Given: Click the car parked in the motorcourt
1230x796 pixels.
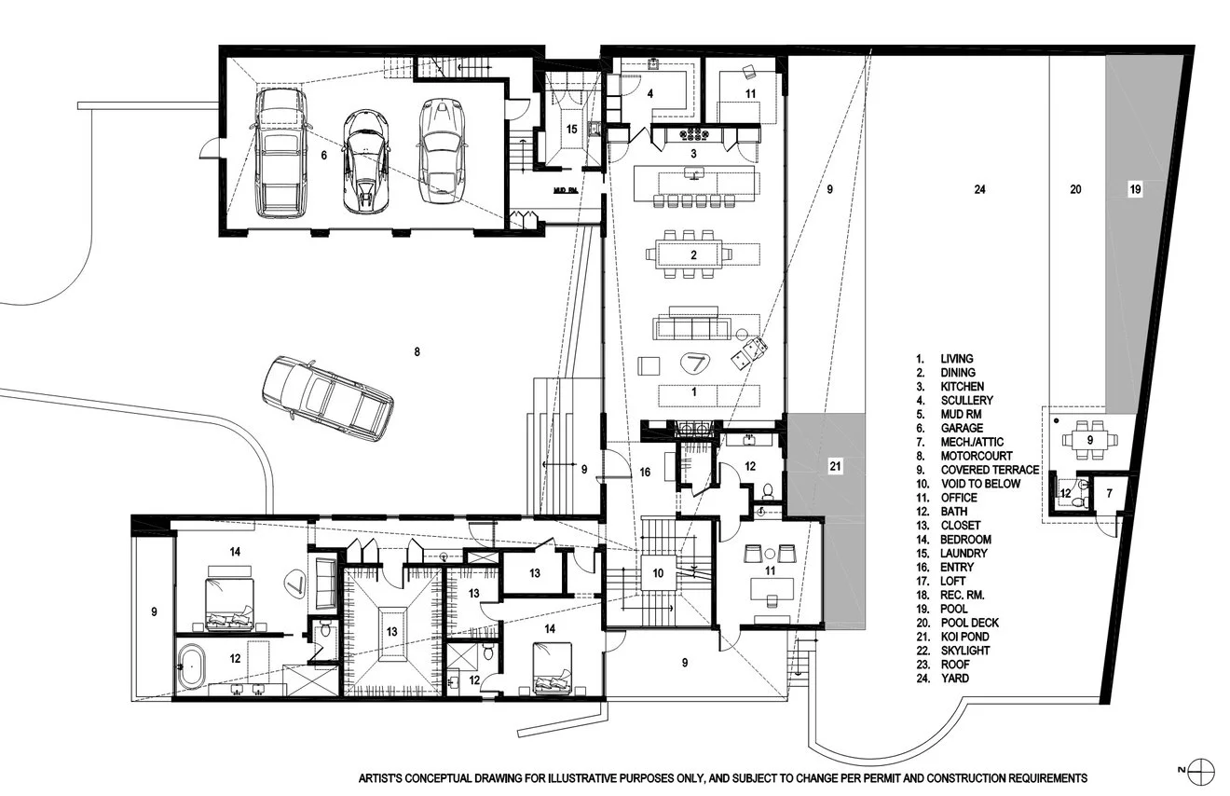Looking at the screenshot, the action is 328,399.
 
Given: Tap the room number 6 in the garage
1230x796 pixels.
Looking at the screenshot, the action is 324,156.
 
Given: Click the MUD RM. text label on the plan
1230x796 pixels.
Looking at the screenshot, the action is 565,190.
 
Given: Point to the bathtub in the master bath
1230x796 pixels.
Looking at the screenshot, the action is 192,666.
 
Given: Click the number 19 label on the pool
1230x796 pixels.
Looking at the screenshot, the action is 1135,189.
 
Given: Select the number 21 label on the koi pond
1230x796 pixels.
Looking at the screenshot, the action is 835,466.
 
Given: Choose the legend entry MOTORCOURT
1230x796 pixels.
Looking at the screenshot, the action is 977,456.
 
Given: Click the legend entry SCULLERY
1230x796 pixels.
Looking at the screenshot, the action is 966,401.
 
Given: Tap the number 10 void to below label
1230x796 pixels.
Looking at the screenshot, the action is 658,573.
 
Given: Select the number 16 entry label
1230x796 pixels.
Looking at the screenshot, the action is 645,472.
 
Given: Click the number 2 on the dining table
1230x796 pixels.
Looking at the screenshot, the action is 693,254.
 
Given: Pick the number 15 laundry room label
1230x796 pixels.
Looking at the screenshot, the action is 571,130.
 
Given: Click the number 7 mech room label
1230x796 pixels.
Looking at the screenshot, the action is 1109,493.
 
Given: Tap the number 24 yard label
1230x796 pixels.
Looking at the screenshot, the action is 979,189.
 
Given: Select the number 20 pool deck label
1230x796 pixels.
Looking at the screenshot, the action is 1075,189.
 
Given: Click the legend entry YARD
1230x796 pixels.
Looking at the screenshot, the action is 954,679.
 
